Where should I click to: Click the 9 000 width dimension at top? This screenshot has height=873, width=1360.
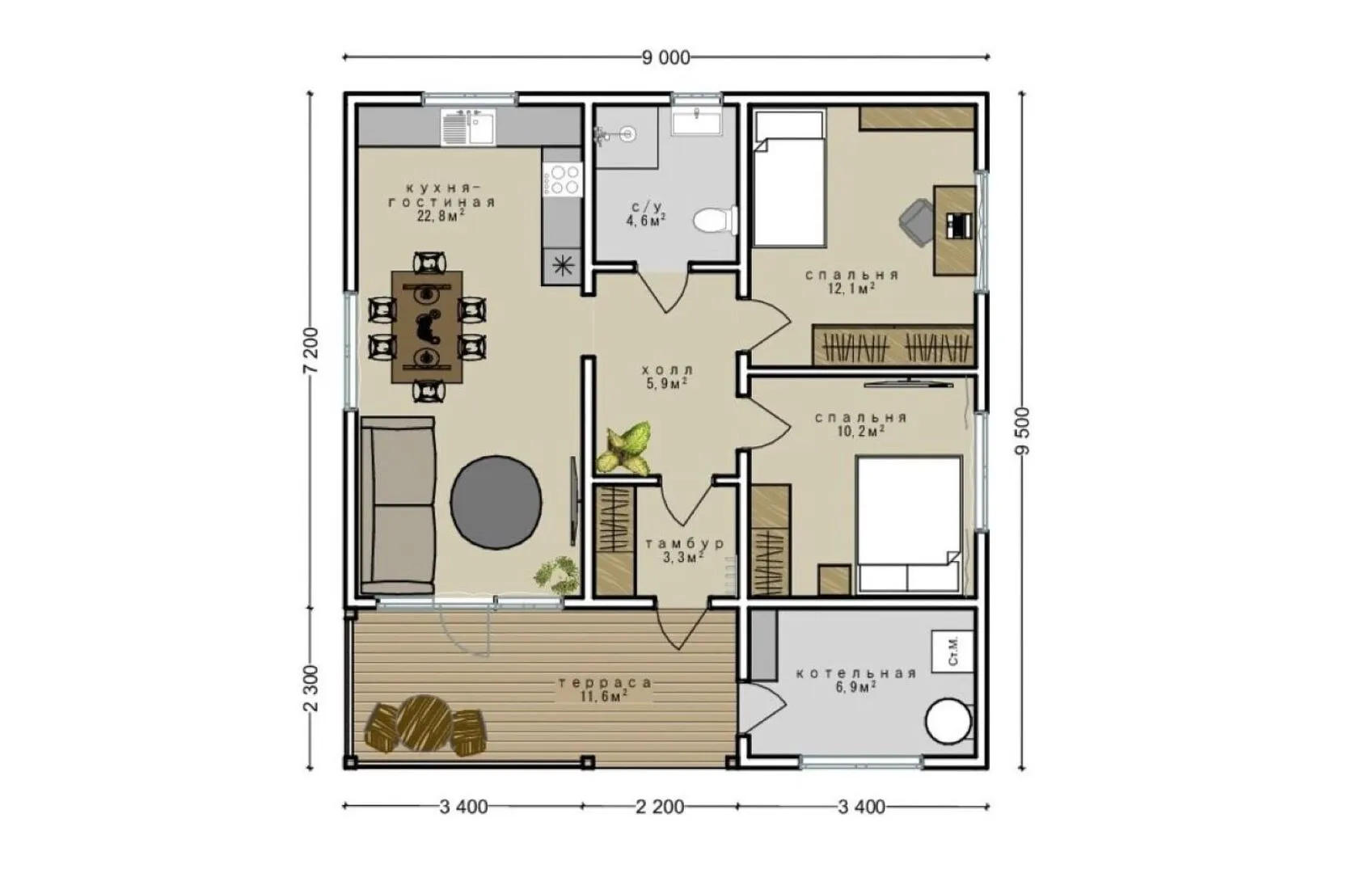[666, 57]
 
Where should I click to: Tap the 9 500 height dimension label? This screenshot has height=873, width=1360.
[1023, 430]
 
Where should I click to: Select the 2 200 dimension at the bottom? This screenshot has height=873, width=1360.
[660, 807]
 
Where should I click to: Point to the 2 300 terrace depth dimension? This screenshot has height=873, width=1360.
[310, 689]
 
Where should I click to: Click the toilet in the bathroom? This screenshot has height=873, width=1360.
[716, 220]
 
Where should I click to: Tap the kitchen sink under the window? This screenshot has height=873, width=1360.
[468, 127]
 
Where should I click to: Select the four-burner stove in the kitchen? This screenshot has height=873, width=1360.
[563, 179]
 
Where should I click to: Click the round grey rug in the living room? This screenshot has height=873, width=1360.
[496, 503]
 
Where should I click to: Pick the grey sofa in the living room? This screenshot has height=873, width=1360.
[399, 505]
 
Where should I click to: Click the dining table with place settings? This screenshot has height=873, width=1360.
[427, 327]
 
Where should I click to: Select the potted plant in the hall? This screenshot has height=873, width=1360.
[624, 448]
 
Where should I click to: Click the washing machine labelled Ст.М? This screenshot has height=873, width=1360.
[952, 652]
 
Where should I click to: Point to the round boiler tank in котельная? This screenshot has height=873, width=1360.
[948, 722]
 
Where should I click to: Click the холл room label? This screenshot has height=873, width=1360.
[667, 369]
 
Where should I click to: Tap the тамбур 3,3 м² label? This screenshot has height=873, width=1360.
[684, 550]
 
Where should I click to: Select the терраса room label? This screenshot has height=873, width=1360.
[606, 683]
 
